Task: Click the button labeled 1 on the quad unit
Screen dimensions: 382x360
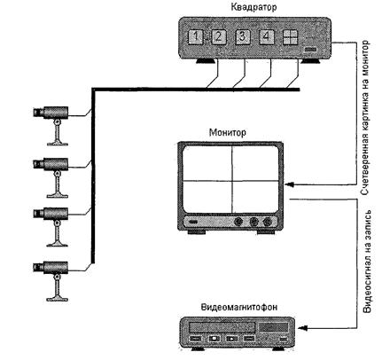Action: [x=195, y=37]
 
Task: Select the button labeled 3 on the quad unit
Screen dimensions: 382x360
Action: [x=243, y=37]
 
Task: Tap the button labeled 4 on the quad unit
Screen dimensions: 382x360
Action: [x=267, y=37]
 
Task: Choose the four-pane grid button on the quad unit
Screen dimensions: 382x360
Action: [x=290, y=37]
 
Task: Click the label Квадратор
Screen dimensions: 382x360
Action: [x=253, y=7]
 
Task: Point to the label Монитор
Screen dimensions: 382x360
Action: [x=227, y=133]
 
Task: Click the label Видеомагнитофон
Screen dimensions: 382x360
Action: [x=239, y=308]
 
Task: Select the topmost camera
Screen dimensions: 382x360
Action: [x=51, y=126]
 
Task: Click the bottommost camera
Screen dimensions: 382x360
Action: [x=51, y=281]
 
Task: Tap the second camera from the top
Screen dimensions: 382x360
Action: [x=51, y=177]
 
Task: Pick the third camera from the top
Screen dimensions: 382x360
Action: [x=51, y=227]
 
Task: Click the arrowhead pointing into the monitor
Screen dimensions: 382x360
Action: [x=290, y=184]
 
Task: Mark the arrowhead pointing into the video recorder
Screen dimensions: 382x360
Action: [x=303, y=328]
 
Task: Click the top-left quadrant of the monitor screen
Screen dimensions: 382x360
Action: [x=207, y=163]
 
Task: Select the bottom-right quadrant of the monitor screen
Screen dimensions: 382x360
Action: [x=255, y=196]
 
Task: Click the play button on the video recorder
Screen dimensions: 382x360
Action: [x=232, y=338]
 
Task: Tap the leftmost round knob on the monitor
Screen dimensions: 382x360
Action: [x=238, y=222]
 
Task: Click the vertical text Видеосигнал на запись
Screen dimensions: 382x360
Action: [x=367, y=262]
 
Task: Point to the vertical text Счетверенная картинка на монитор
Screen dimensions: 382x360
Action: [x=365, y=118]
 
